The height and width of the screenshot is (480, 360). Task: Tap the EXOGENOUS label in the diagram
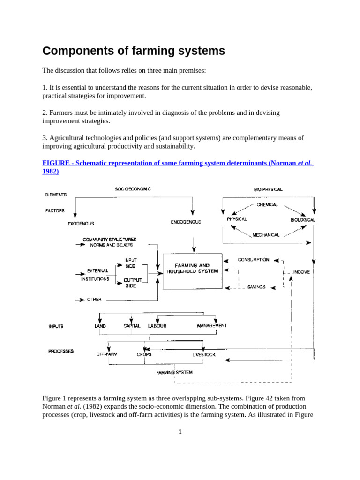(81, 224)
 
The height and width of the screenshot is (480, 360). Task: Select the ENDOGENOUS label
(186, 222)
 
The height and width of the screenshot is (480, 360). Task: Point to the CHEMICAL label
(267, 205)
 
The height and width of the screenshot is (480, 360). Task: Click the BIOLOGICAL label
(303, 219)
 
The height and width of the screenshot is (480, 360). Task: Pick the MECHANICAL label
(266, 235)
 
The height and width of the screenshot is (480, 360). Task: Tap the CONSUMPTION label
(253, 259)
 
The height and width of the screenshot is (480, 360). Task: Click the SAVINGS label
(256, 287)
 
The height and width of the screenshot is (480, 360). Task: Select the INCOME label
(301, 272)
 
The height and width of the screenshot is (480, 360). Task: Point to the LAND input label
(100, 326)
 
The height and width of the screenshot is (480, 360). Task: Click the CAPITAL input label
(132, 326)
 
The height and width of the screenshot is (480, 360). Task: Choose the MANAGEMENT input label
(212, 325)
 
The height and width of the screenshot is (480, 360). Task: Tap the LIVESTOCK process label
(204, 355)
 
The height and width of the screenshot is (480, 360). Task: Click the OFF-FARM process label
(107, 354)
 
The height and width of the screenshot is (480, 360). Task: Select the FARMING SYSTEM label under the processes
(174, 372)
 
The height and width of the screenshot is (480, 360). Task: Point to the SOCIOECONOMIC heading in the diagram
(133, 189)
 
